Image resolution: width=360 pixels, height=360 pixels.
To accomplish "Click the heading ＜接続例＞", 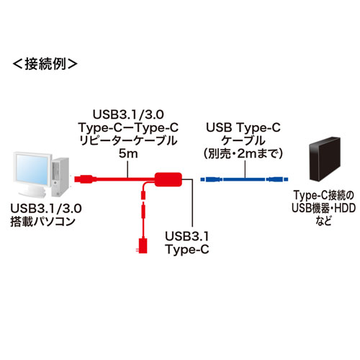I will [x=45, y=63].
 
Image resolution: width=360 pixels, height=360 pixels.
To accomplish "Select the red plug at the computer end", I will [x=84, y=177].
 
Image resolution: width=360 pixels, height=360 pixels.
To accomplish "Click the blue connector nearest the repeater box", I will [x=204, y=178].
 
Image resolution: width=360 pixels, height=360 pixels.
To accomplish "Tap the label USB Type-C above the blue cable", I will [x=243, y=128].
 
